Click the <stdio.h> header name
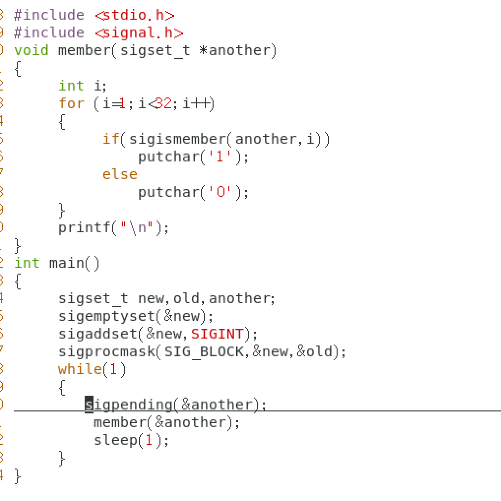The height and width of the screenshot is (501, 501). [134, 15]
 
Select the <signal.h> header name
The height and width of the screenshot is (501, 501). [139, 33]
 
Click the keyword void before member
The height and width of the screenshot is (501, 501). [31, 51]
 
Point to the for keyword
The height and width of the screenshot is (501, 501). [71, 104]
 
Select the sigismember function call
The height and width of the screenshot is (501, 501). [177, 139]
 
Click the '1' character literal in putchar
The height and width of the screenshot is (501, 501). [217, 157]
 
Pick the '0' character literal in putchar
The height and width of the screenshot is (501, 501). [217, 192]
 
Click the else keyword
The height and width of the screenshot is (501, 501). [120, 175]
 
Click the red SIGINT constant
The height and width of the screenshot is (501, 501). [217, 334]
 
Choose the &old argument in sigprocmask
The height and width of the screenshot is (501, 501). [315, 352]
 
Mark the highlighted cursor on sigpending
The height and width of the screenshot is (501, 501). [89, 405]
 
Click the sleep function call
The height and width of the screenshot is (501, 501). [116, 440]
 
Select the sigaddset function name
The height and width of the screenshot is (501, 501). [97, 334]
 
